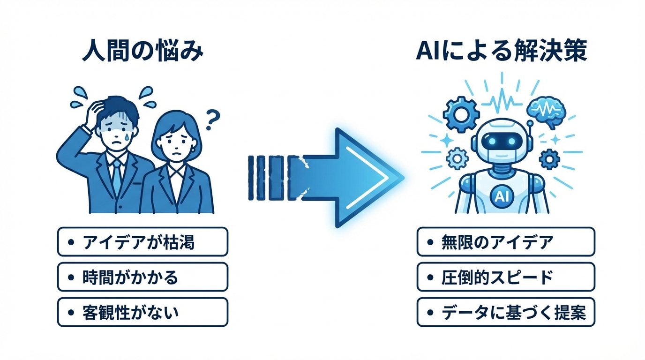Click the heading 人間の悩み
pos(142,51)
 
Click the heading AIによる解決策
pos(501,51)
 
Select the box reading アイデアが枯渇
pos(142,242)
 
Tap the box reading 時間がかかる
pos(142,277)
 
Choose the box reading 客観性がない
pos(142,312)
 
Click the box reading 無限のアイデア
pos(505,242)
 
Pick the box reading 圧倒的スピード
pos(505,277)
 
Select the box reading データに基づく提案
pos(505,312)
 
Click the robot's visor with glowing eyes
pos(501,141)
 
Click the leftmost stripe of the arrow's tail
pos(251,178)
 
